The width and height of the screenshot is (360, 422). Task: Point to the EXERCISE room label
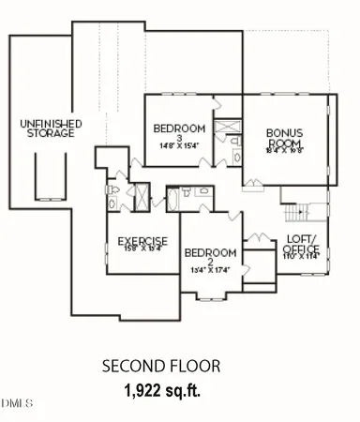(x=142, y=241)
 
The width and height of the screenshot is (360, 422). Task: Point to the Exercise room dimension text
(x=142, y=249)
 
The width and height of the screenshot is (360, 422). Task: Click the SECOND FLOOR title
(x=160, y=366)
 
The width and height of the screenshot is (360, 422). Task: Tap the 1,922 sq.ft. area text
(x=161, y=387)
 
